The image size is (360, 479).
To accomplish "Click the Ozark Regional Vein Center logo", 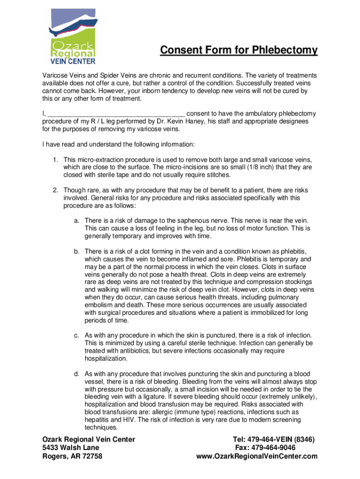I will point(73,36).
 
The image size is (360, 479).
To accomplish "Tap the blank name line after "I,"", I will point(117,114).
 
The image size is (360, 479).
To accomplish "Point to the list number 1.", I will point(55,160).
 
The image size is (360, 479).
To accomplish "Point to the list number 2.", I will point(55,190).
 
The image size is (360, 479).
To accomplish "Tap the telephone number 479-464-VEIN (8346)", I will point(274,440).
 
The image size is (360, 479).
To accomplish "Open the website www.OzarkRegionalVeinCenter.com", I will point(257,457).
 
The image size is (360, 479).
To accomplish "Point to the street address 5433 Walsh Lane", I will point(71,448).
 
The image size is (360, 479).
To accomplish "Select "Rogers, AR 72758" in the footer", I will point(72,457).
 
